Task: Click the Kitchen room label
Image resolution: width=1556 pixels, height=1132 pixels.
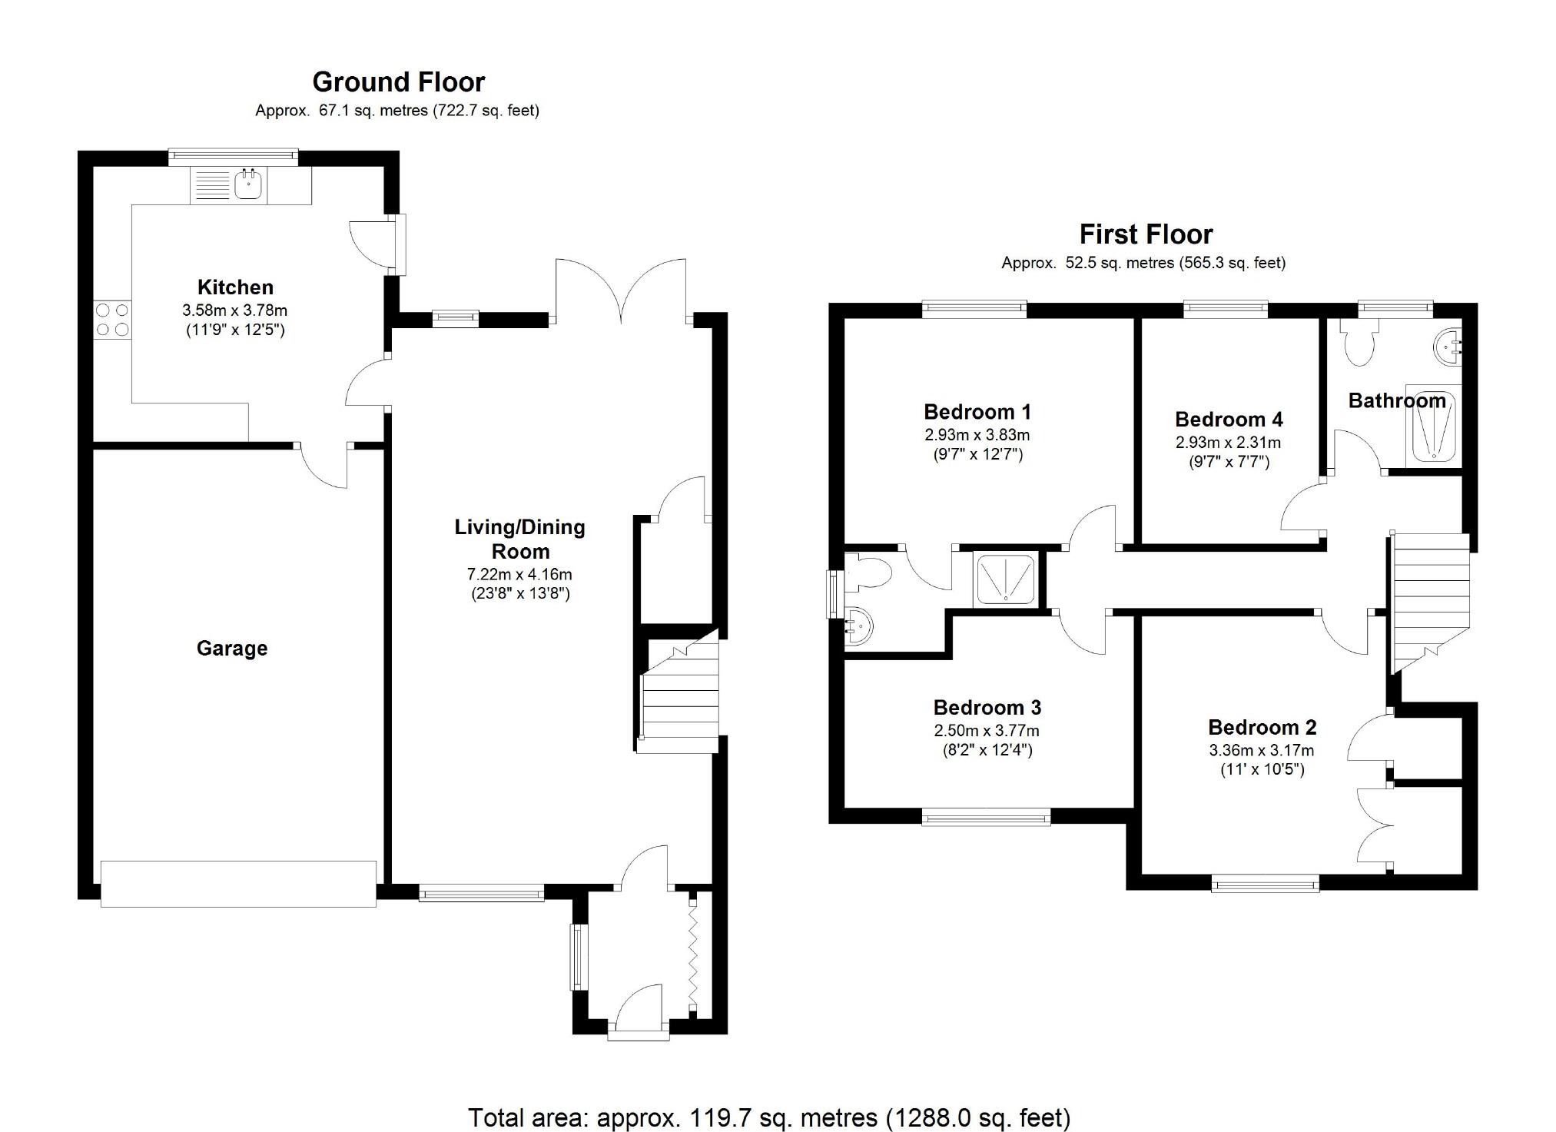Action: pos(235,287)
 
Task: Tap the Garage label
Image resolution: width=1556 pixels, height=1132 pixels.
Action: pos(232,649)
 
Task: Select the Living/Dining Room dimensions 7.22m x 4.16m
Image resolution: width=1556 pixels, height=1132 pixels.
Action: pos(519,574)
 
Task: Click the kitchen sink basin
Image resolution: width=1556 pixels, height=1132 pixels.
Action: pos(248,184)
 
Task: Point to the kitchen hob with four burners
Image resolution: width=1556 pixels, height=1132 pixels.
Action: pos(112,320)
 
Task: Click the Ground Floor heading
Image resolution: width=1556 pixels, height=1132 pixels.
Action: pos(398,82)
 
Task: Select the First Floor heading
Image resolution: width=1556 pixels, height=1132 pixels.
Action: pos(1146,234)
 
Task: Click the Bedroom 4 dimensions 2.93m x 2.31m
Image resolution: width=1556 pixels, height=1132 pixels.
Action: pos(1228,443)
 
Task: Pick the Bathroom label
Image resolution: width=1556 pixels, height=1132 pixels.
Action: pos(1396,400)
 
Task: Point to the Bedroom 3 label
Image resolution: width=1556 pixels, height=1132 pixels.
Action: pos(987,707)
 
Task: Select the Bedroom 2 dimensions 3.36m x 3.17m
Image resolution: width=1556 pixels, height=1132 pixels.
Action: pos(1261,750)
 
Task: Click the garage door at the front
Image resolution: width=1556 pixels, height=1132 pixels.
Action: pos(238,884)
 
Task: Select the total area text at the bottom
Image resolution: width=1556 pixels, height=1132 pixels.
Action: pos(768,1117)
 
